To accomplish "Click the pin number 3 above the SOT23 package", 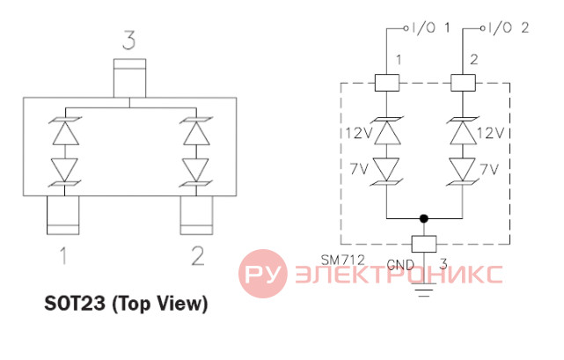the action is (129, 40).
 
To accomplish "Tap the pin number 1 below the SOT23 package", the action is (63, 255).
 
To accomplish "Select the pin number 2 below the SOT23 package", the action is (198, 256).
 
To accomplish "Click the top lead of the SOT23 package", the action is (129, 78).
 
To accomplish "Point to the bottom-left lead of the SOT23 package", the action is (63, 215).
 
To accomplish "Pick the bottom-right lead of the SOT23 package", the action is (196, 215).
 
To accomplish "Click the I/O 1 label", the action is (430, 27).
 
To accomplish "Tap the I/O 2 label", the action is (508, 27).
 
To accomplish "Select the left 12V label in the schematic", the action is (359, 133).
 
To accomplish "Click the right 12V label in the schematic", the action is (491, 133).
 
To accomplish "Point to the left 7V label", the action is (359, 168).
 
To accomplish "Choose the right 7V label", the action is (490, 168).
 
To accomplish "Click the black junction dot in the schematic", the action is (424, 218).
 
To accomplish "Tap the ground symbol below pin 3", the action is (424, 290).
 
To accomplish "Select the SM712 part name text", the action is (343, 260).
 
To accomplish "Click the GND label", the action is (400, 265).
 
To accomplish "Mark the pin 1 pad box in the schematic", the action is (387, 83).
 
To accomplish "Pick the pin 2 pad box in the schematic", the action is (463, 83).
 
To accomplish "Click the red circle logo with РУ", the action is (263, 274).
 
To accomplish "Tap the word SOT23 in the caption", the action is (75, 303).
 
